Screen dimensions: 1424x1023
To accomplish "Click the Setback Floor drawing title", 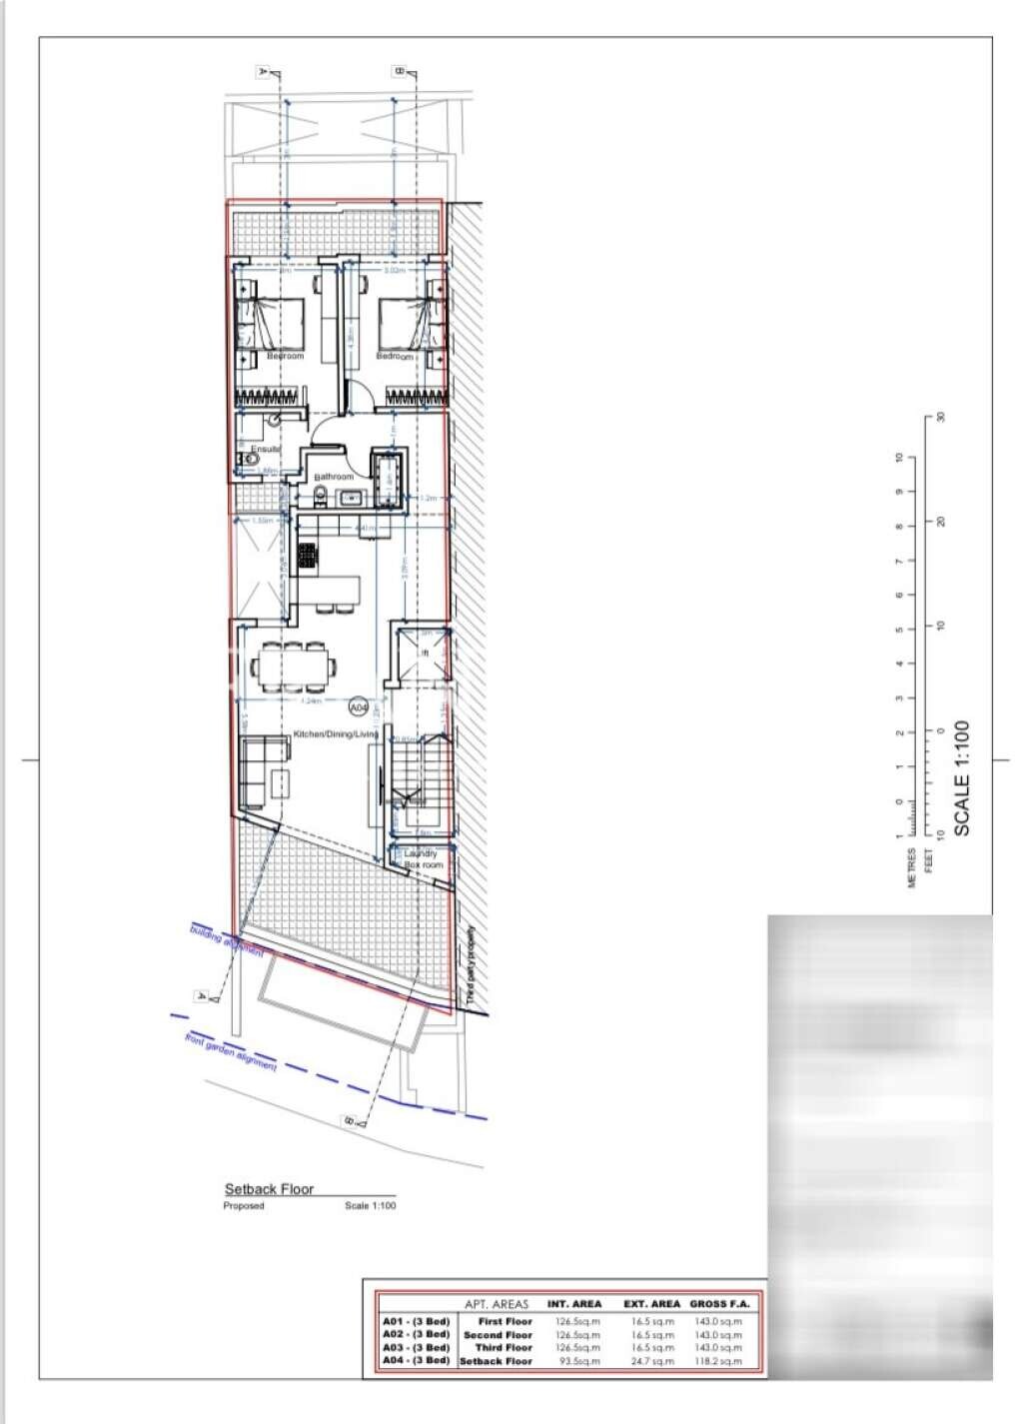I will click(269, 1189).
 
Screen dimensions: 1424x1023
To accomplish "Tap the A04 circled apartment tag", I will click(359, 708).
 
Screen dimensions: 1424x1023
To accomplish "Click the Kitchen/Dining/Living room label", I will click(335, 734).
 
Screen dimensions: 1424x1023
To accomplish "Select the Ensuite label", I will click(265, 450).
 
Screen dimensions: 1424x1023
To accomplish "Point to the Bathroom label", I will click(334, 477).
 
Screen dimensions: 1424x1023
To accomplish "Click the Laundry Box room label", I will click(421, 858).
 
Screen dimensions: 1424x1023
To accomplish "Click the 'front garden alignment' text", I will click(231, 1052).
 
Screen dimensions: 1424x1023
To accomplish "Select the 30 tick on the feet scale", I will click(940, 418).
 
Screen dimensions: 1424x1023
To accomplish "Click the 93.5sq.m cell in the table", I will click(577, 1361).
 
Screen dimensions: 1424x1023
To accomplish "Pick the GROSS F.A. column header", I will click(718, 1304).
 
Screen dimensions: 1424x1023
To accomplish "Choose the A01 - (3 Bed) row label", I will click(417, 1321).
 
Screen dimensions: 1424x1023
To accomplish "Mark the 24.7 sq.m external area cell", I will click(652, 1361).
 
